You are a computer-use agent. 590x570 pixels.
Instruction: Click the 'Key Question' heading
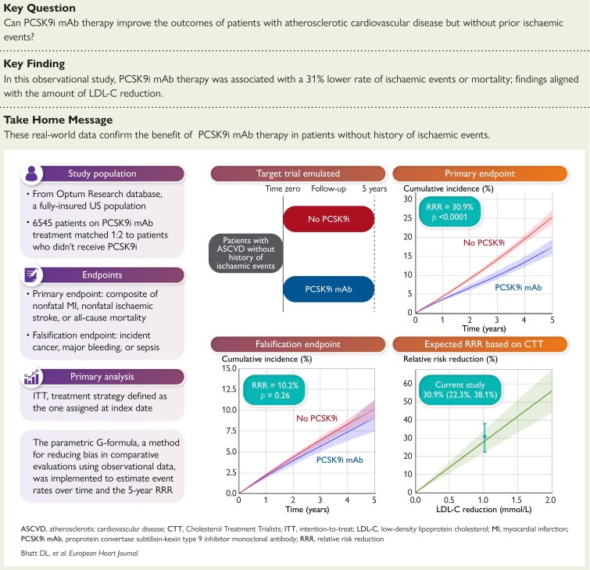(40, 8)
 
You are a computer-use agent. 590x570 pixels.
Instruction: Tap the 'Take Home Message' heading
(59, 120)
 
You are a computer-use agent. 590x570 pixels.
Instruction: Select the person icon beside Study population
(31, 174)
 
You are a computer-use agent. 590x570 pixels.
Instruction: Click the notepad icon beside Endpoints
(31, 274)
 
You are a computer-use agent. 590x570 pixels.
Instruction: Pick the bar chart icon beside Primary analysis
(31, 377)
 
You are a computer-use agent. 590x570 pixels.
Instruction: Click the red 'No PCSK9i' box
(328, 219)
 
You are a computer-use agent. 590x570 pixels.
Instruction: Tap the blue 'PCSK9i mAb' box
(328, 289)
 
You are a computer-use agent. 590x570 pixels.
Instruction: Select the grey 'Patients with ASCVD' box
(245, 253)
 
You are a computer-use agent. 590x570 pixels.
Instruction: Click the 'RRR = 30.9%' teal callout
(449, 212)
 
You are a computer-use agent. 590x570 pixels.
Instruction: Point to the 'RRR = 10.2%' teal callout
(274, 390)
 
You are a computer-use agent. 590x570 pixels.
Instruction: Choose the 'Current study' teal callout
(460, 390)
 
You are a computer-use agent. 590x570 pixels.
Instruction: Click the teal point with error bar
(485, 437)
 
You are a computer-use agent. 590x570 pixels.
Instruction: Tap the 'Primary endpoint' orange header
(480, 174)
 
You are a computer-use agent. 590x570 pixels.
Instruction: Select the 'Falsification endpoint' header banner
(298, 344)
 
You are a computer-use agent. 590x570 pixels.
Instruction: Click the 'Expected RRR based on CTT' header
(480, 344)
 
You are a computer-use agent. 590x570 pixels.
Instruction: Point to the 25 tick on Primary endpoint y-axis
(407, 218)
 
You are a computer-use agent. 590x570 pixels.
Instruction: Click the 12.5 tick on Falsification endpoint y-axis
(229, 389)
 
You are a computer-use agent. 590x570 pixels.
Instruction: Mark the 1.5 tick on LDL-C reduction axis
(517, 500)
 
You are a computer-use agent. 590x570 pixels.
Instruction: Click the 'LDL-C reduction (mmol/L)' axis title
(484, 509)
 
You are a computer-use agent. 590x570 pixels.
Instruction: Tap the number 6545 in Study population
(42, 223)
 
